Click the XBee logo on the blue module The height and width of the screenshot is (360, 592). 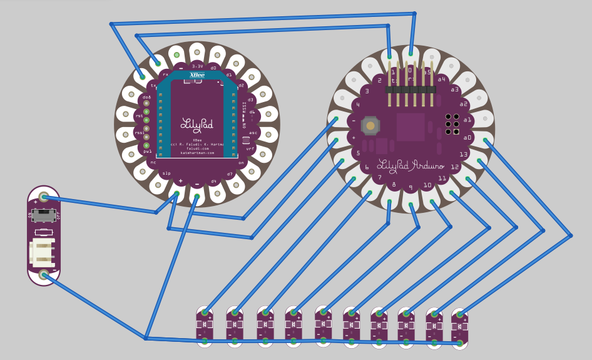point(197,75)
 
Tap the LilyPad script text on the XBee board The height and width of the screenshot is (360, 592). point(197,123)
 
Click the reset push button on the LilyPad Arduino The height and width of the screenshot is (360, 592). point(370,126)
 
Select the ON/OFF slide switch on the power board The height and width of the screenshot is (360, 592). point(43,215)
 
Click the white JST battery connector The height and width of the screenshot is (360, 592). point(43,252)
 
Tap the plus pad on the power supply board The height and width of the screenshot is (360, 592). point(44,197)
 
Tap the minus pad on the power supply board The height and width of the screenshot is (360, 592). point(44,274)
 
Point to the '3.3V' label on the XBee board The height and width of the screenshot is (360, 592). point(197,66)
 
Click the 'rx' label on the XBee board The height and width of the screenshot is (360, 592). point(165,74)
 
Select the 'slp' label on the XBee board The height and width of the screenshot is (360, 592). point(166,173)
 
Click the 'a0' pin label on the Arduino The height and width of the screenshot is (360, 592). point(467,137)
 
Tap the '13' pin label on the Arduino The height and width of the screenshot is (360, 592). point(463,154)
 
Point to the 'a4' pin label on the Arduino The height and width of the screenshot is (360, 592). point(442,80)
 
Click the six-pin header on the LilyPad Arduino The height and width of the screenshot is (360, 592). point(411,90)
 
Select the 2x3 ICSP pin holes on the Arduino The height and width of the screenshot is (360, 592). point(452,124)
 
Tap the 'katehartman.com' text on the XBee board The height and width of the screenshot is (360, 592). point(197,153)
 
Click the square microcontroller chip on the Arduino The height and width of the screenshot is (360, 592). point(410,126)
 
